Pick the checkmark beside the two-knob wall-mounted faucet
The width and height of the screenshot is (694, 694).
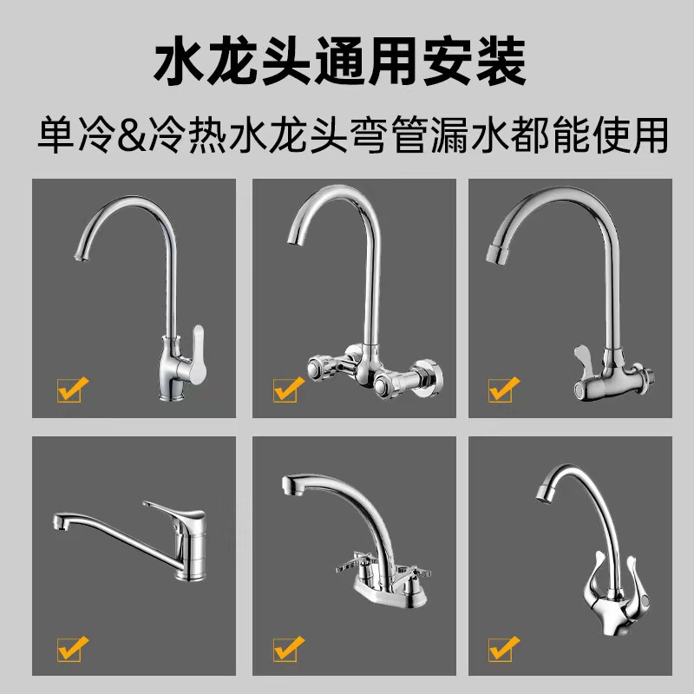click(286, 390)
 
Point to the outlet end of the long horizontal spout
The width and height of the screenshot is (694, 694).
click(59, 523)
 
